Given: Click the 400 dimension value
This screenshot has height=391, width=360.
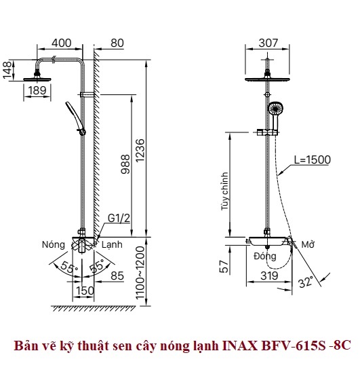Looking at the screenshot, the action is point(61,43).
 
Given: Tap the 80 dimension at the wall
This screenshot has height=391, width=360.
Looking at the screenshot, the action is point(117,43).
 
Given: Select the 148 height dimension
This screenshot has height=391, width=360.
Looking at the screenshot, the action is point(7,70).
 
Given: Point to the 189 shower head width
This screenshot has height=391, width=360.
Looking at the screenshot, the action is point(37,90).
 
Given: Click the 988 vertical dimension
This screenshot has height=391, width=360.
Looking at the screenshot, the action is point(125,164).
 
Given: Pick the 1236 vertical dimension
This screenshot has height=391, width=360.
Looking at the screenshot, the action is point(140,150).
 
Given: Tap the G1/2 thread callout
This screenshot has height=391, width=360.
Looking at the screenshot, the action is point(119,219).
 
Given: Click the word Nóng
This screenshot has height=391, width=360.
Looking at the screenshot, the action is point(54,244).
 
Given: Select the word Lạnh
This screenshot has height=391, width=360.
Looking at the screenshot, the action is point(112,244).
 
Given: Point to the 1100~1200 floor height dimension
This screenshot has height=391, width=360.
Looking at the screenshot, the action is point(140,273).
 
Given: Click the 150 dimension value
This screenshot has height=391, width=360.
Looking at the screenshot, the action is point(85,291).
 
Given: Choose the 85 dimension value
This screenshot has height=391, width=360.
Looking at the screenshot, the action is point(117,276).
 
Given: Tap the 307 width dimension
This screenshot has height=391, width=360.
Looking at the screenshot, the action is point(268,43).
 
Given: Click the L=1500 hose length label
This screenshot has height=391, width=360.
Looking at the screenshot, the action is point(313,160).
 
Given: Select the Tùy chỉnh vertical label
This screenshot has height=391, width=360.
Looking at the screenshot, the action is point(225,191).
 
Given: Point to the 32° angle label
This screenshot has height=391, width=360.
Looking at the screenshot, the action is point(306,282).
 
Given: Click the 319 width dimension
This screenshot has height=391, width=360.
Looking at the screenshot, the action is point(269,276).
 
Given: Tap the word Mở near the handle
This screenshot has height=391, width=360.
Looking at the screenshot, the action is point(308,244).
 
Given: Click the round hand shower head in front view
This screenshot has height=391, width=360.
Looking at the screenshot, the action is point(276,109).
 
